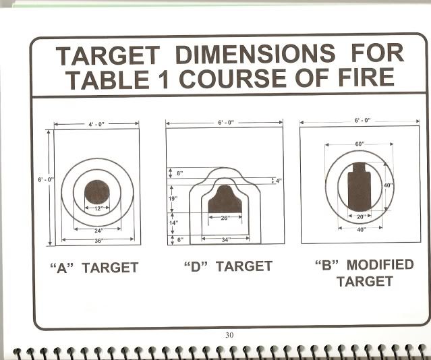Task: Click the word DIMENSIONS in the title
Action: pyautogui.click(x=255, y=54)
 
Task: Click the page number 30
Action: pyautogui.click(x=229, y=335)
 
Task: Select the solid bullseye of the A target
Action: pyautogui.click(x=97, y=192)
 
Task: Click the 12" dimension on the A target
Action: pyautogui.click(x=98, y=208)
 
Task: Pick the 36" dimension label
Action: pyautogui.click(x=98, y=241)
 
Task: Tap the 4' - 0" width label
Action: pyautogui.click(x=96, y=124)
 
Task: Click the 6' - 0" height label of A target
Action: pyautogui.click(x=46, y=180)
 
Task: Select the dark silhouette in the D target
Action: pyautogui.click(x=225, y=200)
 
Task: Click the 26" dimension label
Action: pyautogui.click(x=225, y=218)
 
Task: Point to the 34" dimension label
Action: pyautogui.click(x=226, y=239)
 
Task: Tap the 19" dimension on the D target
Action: pyautogui.click(x=173, y=198)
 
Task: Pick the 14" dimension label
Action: pyautogui.click(x=173, y=222)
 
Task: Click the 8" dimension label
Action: pyautogui.click(x=180, y=173)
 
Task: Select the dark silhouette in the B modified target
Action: pyautogui.click(x=360, y=187)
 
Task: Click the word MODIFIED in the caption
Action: pyautogui.click(x=380, y=265)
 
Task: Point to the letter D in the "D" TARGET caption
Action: pyautogui.click(x=196, y=266)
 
